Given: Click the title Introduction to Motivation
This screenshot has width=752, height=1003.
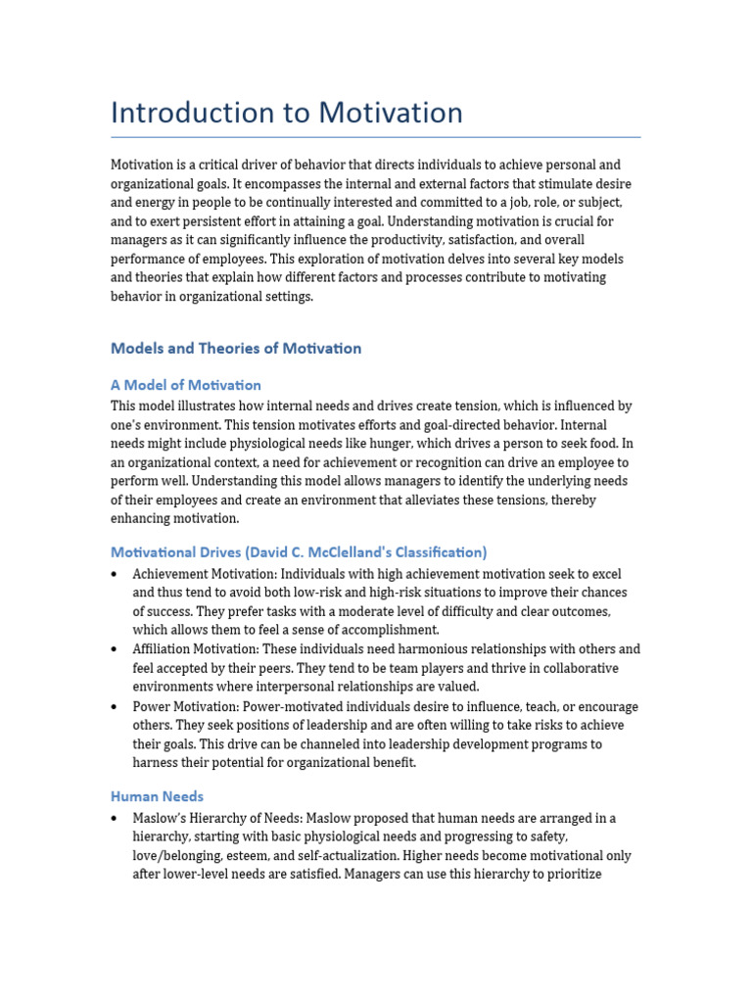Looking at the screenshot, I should tap(286, 113).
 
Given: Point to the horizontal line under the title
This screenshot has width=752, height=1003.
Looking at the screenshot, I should tap(376, 137).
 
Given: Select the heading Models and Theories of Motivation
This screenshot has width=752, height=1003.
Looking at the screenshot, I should tap(236, 349).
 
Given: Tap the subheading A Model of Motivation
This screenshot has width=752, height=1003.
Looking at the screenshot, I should tap(186, 385).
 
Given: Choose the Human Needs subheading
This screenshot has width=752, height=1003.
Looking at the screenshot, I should tap(158, 796).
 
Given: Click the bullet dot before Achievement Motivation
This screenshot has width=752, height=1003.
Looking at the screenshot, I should tap(116, 574).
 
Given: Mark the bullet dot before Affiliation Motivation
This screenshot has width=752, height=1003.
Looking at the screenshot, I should tap(116, 649).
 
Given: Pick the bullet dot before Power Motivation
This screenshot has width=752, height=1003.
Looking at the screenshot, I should tap(116, 707).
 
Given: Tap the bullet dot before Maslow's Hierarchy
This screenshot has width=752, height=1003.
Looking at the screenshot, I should tap(116, 818).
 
